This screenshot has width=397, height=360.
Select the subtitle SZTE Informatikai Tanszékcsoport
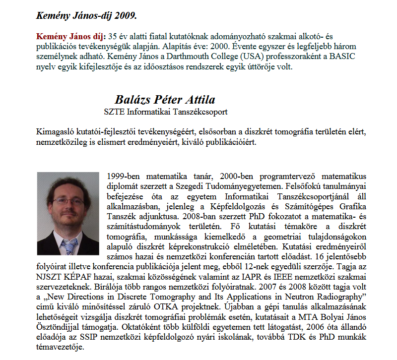166,112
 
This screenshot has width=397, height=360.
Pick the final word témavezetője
59,347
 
